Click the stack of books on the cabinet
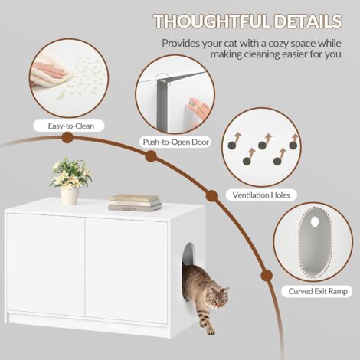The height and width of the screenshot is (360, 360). [135, 202]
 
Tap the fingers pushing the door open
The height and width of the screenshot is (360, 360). [196, 111]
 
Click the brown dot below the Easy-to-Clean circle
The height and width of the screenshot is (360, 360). [67, 138]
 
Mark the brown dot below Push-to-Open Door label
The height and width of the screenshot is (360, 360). [151, 156]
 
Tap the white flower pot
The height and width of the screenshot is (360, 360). [70, 195]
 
